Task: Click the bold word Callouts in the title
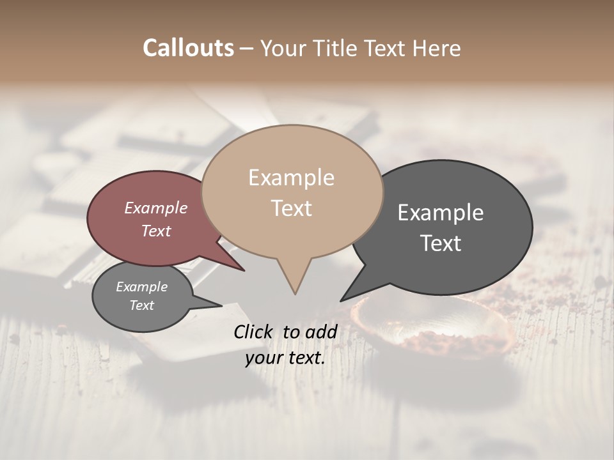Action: point(188,48)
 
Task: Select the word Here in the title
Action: point(437,48)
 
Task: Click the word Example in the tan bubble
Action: point(291,178)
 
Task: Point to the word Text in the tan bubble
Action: point(292,208)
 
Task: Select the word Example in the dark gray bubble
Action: point(441,213)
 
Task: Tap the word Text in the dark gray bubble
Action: point(441,243)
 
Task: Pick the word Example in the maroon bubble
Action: point(156,208)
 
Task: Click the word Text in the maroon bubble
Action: point(156,231)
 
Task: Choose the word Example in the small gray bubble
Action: point(141,287)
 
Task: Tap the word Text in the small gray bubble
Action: point(141,305)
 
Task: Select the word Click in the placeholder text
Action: point(254,332)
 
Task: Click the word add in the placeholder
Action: point(321,332)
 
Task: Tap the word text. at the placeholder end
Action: point(306,358)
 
